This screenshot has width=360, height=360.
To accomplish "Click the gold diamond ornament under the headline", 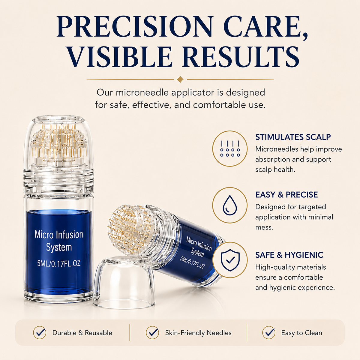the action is coord(180,79).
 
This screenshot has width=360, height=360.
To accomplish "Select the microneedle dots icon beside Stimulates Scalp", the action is coord(230,148).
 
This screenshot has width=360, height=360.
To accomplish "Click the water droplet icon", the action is coord(230,205).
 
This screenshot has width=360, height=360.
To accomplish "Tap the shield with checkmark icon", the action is coord(230,260).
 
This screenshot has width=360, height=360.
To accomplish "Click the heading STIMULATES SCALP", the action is coord(293,137).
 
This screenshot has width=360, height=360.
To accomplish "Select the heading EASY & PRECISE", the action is coord(286,195).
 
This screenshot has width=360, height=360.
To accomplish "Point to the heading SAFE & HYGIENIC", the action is coord(289,255).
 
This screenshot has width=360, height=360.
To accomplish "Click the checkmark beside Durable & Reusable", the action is coord(40,332).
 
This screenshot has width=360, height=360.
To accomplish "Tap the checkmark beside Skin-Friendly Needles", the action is coord(152,332).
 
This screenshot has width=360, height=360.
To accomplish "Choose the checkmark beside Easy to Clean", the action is coord(269,332).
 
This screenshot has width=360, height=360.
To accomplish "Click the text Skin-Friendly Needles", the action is coord(198,333).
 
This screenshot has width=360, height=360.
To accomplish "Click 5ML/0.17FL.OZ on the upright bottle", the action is coord(59,263).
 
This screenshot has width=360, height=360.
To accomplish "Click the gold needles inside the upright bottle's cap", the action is coord(58,142).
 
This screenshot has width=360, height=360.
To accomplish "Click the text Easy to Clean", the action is coord(301,333).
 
